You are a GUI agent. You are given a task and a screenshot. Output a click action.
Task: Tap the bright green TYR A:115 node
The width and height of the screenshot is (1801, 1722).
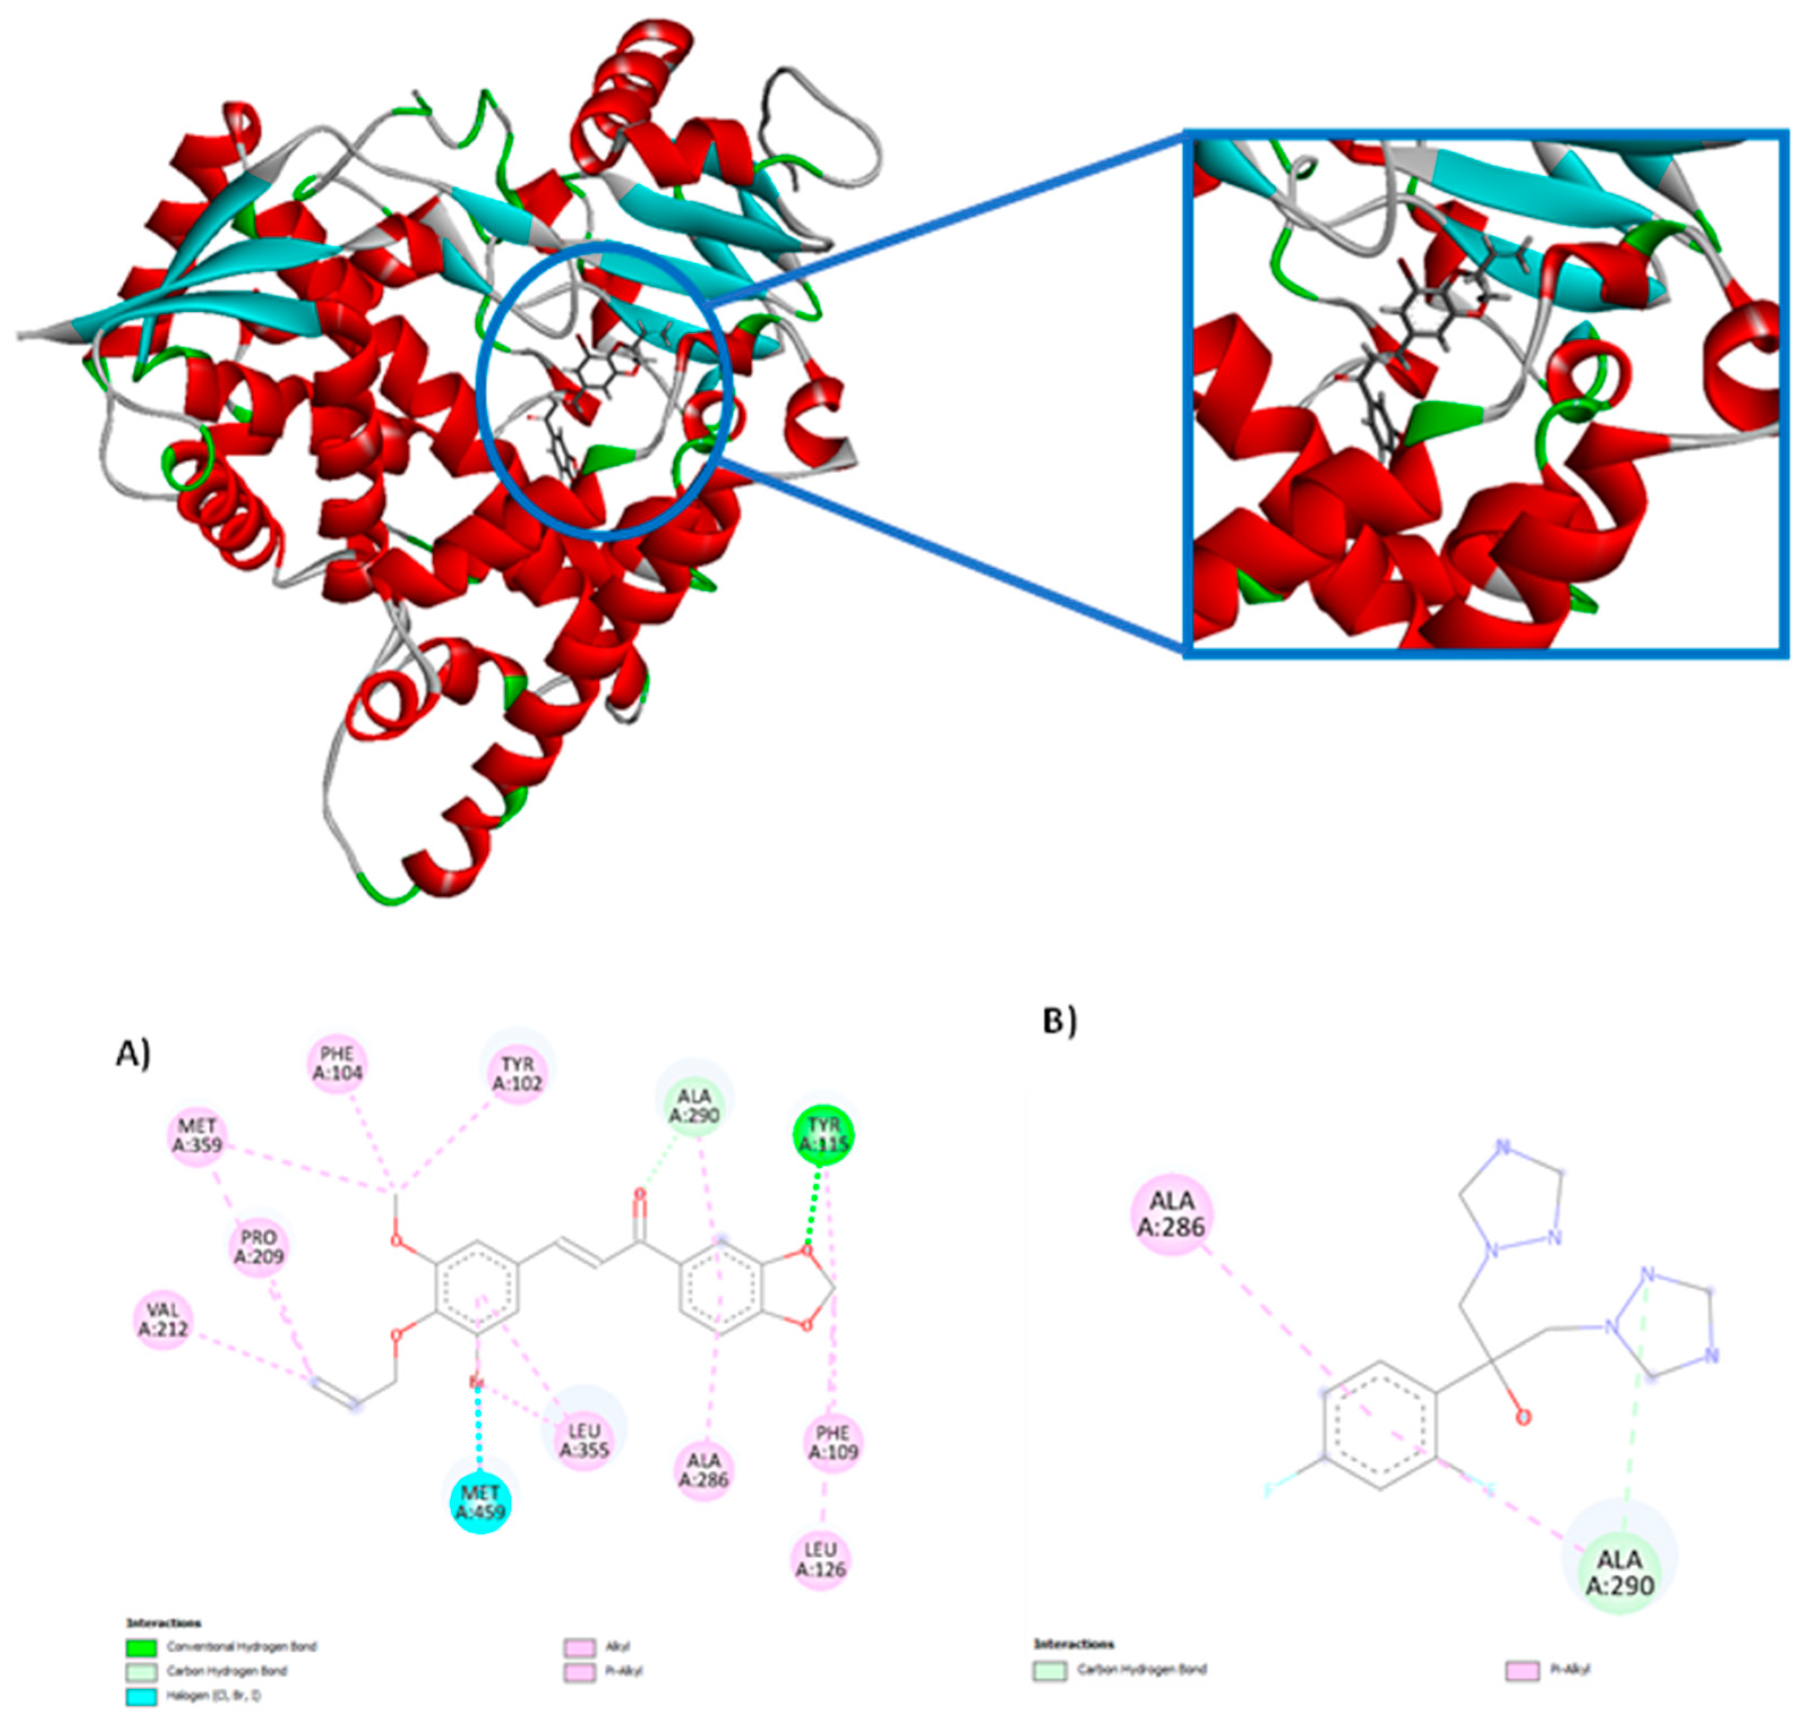[823, 1135]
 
